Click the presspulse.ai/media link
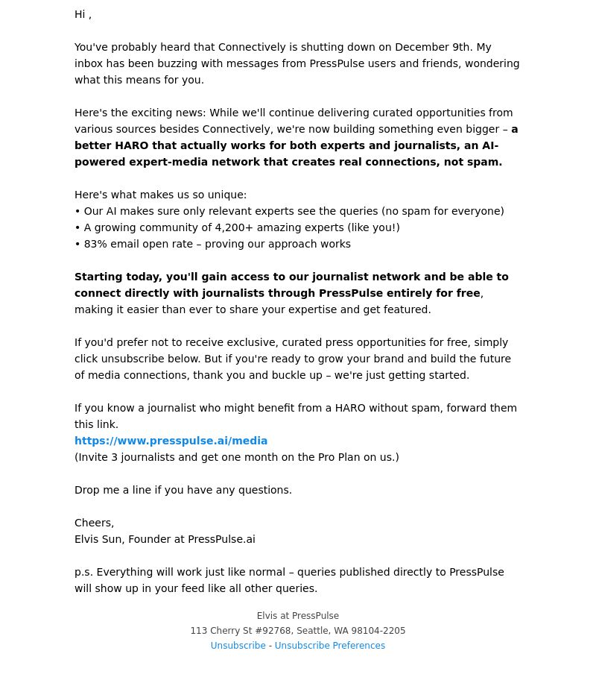click(x=171, y=441)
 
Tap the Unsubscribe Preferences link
click(x=329, y=646)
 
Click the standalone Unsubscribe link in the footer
click(x=238, y=646)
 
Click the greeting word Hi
click(x=80, y=14)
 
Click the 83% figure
click(x=95, y=244)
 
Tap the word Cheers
click(x=93, y=523)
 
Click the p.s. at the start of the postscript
click(x=83, y=572)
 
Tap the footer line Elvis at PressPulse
click(x=298, y=616)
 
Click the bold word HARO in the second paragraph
click(x=131, y=145)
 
